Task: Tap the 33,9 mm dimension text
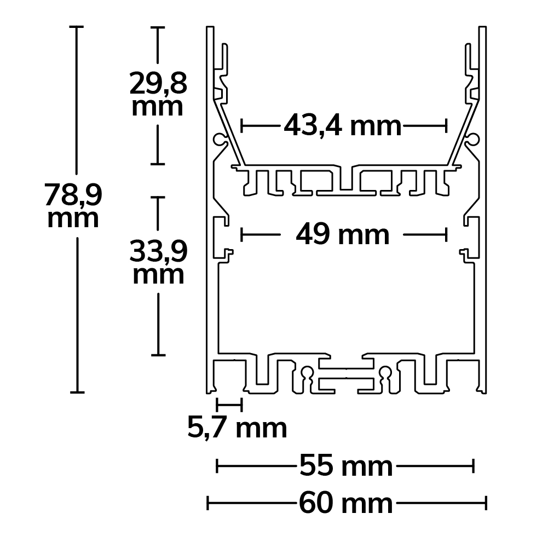(x=158, y=263)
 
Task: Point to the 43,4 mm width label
(x=343, y=126)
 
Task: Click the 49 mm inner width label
(x=343, y=235)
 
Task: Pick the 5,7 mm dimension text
(x=237, y=428)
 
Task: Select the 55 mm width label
(x=345, y=467)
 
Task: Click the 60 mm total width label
(x=345, y=503)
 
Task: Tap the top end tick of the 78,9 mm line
(x=77, y=27)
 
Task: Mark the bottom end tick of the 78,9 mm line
(x=77, y=392)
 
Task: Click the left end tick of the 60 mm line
(x=208, y=503)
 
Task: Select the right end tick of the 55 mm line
(x=472, y=467)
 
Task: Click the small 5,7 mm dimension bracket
(x=229, y=405)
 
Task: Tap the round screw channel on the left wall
(x=221, y=139)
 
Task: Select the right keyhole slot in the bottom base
(x=387, y=374)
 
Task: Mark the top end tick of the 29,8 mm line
(x=158, y=27)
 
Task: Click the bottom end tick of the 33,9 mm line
(x=158, y=355)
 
